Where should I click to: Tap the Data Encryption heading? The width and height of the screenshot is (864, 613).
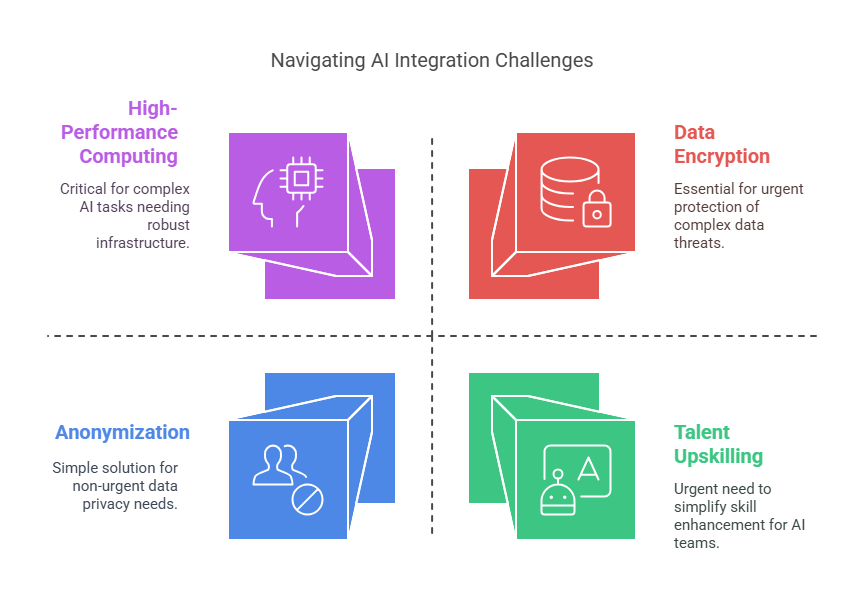pos(721,144)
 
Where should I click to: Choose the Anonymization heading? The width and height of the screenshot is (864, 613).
pos(122,432)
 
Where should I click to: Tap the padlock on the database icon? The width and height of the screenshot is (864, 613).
pos(596,209)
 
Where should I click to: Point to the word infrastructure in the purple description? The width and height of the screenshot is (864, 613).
pos(143,242)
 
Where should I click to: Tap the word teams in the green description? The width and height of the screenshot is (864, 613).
pos(696,543)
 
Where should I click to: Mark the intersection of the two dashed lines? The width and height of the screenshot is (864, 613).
pos(432,336)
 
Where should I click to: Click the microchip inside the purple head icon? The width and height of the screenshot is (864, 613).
pos(298,178)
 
